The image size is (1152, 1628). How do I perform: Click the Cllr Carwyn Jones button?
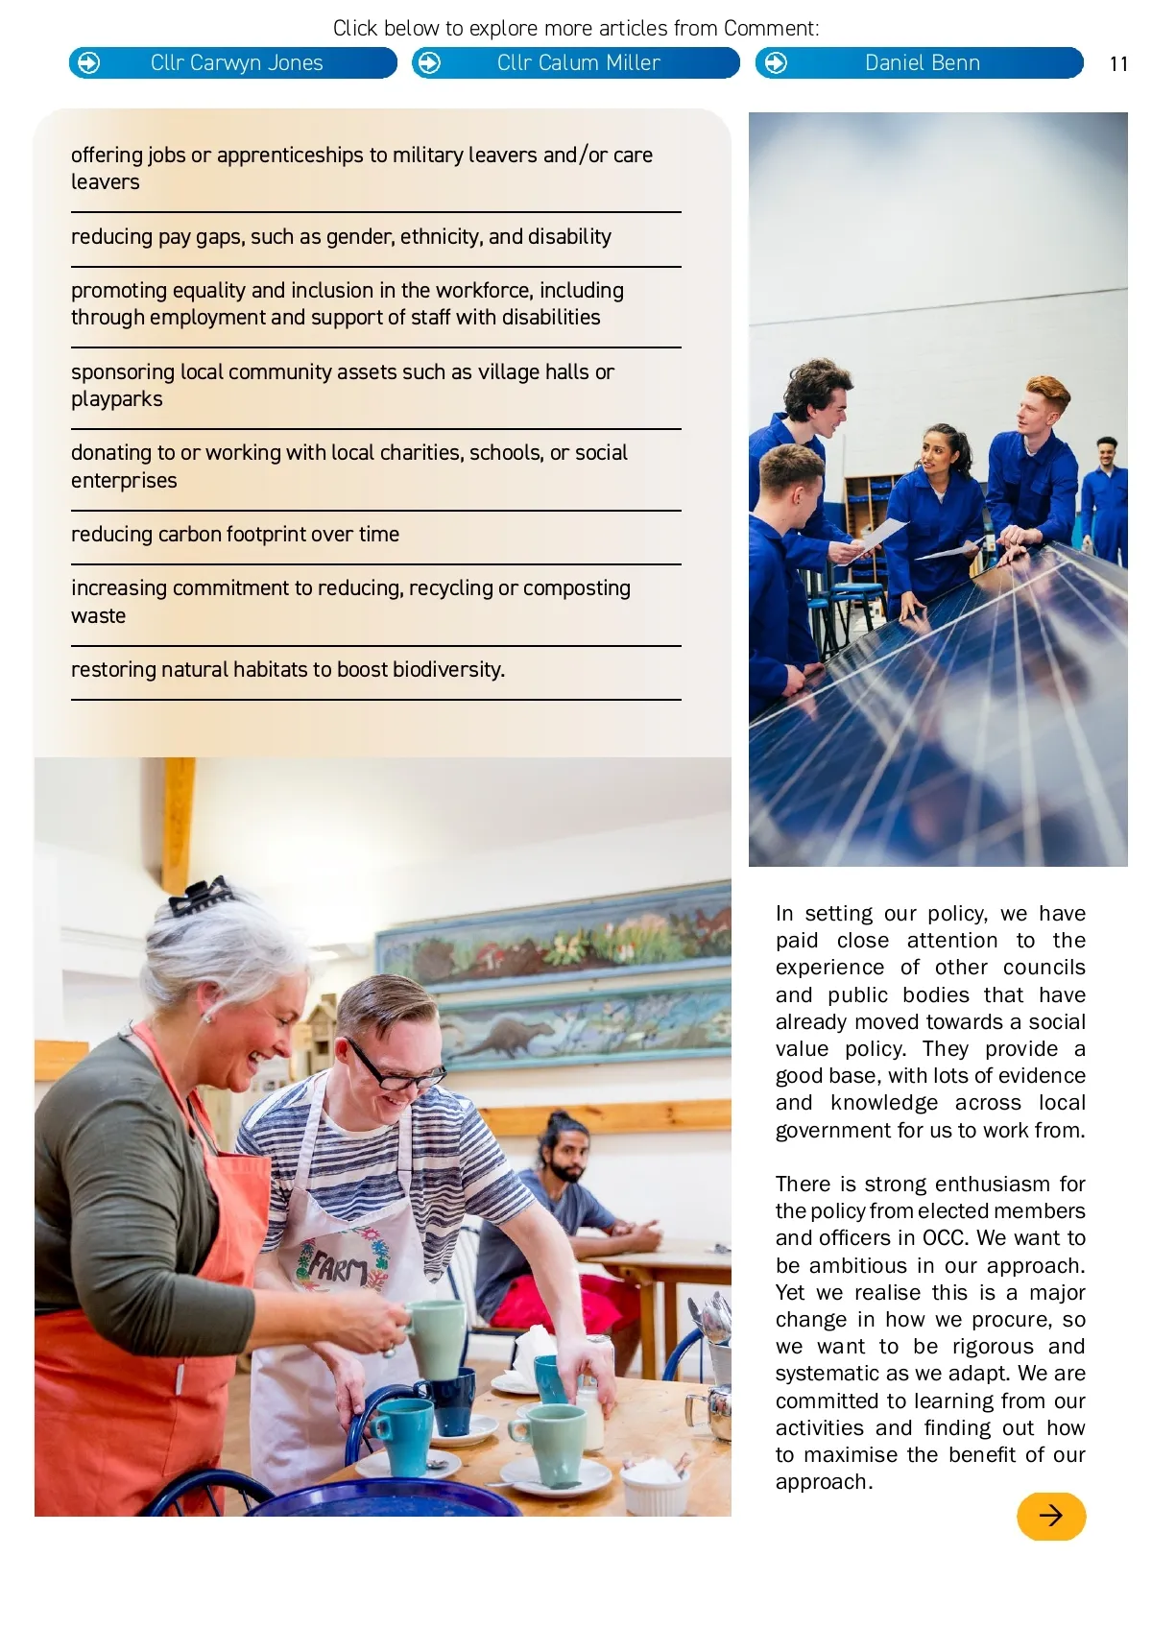pyautogui.click(x=233, y=63)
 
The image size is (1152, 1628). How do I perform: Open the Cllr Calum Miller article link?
pyautogui.click(x=576, y=63)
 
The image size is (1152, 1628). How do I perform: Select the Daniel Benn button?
pyautogui.click(x=920, y=63)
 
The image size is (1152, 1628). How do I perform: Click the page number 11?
pyautogui.click(x=1118, y=64)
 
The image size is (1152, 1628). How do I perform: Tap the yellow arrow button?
pyautogui.click(x=1051, y=1516)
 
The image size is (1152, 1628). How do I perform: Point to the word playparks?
pyautogui.click(x=117, y=399)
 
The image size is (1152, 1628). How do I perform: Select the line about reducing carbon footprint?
pyautogui.click(x=235, y=535)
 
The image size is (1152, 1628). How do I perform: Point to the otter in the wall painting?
pyautogui.click(x=505, y=1037)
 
